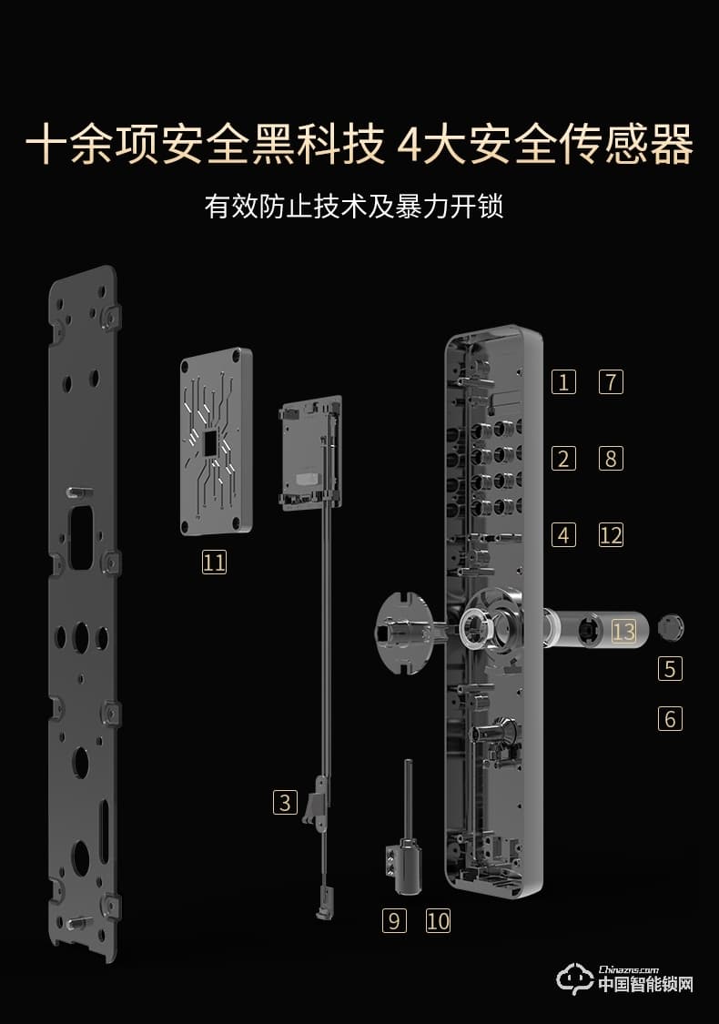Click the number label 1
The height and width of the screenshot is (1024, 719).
coord(563,381)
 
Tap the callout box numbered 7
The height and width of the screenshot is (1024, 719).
coord(611,381)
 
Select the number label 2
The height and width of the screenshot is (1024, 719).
coord(563,458)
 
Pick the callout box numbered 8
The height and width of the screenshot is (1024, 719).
coord(611,458)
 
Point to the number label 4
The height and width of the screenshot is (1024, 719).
coord(563,534)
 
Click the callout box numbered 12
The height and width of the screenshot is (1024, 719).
coord(611,534)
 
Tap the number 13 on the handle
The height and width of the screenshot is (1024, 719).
coord(623,630)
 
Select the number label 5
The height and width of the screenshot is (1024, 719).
coord(670,669)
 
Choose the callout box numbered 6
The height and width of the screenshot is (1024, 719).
coord(670,719)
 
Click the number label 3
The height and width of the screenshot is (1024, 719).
coord(286,803)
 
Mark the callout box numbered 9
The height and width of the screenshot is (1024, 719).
coord(393,920)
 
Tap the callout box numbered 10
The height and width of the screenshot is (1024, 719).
coord(438,920)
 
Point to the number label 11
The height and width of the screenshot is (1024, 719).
coord(214,563)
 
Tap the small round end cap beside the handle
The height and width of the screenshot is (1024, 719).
coord(670,627)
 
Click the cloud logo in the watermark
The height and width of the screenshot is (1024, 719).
coord(575,980)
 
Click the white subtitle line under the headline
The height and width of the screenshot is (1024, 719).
coord(354,207)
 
